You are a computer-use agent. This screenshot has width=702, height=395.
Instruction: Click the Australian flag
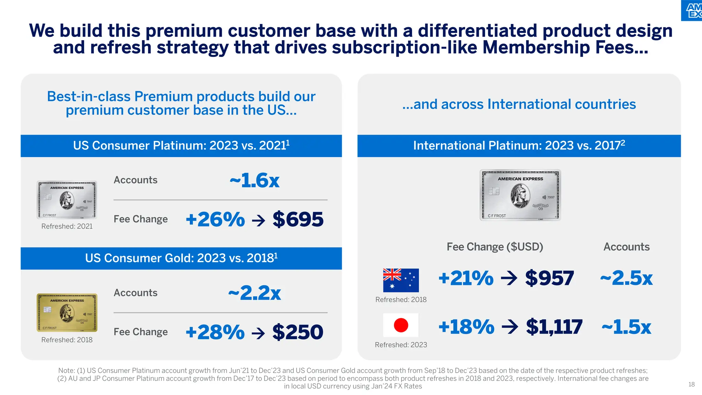401,280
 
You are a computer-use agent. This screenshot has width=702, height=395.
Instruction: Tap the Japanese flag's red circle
401,325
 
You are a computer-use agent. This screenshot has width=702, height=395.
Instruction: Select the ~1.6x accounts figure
254,180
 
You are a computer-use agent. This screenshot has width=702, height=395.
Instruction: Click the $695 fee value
298,219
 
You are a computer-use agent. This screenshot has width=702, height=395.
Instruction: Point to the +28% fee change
215,332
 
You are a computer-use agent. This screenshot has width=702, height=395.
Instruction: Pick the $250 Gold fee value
298,332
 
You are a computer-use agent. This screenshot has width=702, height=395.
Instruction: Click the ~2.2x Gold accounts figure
254,293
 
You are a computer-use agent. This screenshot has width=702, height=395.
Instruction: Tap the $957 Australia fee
549,278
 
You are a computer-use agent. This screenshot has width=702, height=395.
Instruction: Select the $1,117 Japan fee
554,326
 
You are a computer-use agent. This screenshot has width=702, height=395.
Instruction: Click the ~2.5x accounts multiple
626,278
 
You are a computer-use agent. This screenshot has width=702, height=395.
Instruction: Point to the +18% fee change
466,326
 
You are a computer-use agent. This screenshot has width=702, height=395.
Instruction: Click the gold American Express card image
67,312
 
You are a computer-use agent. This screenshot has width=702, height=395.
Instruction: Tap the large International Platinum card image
520,195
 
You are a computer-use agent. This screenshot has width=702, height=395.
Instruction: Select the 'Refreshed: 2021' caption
67,226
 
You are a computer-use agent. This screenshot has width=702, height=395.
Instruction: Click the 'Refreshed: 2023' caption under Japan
401,345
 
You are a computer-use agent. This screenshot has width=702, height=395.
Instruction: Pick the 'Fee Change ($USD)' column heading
495,247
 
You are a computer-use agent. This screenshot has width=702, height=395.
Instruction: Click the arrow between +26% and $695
258,220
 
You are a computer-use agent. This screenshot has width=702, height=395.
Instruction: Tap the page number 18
691,384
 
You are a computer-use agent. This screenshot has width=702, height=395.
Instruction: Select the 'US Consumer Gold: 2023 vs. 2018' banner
181,258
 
